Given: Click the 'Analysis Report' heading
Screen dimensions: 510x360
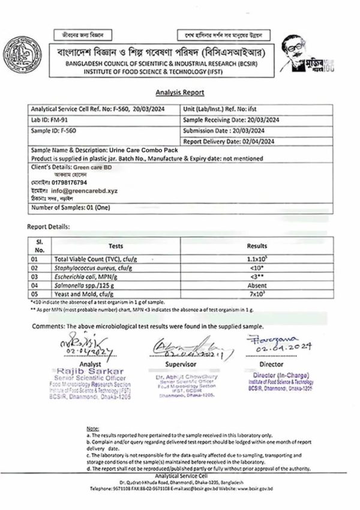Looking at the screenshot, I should click(179, 92).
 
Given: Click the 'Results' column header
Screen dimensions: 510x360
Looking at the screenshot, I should click(257, 246).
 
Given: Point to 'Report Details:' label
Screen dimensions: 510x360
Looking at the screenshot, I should click(48, 227).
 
